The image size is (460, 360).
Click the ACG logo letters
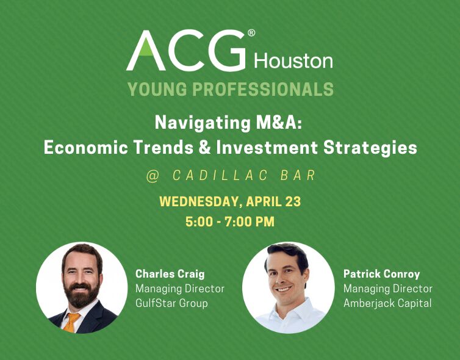point(185,50)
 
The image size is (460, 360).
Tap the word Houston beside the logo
point(293,61)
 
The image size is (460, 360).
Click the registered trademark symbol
point(251,33)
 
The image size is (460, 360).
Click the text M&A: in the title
point(279,123)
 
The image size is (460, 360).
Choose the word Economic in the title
point(85,147)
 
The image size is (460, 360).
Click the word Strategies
point(370,148)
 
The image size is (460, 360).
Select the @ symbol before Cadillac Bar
point(153,176)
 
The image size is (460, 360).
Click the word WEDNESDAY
point(199,201)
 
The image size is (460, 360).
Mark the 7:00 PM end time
point(250,221)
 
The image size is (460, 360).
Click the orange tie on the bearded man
point(71,322)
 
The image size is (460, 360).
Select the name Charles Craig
point(170,274)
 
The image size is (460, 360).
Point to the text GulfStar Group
point(171,303)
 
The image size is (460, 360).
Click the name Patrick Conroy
point(382,274)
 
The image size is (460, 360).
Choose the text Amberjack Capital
point(387,303)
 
